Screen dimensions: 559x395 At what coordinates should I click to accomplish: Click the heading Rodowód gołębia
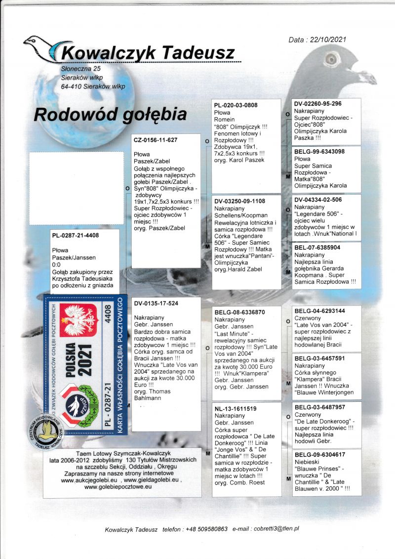coord(110,115)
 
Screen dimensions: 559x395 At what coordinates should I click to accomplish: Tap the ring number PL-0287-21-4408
coord(76,235)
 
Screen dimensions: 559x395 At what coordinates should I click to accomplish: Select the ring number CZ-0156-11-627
coord(156,140)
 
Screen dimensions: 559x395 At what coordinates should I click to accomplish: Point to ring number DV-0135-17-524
coord(156,303)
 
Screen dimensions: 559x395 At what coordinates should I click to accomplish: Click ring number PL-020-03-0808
coord(236,105)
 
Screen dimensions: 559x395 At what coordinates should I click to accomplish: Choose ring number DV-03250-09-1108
coord(240,202)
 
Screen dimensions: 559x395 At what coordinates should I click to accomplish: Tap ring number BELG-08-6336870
coord(240,312)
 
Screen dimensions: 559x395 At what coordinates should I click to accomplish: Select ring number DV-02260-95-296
coord(318,104)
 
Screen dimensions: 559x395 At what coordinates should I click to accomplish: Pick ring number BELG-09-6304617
coord(319,454)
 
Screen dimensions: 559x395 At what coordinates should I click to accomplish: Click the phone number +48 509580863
coord(207,529)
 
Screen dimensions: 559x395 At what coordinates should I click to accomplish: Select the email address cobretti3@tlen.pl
coord(276,528)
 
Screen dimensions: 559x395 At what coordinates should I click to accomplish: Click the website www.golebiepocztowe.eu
coord(118,487)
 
